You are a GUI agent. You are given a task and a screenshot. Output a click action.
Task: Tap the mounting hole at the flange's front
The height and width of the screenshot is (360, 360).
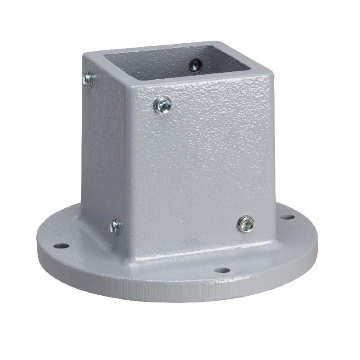pos(220,270)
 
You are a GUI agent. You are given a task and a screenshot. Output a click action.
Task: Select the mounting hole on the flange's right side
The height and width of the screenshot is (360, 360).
pos(284,217)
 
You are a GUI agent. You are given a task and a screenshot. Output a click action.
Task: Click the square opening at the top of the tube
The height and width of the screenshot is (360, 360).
pos(180,63)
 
